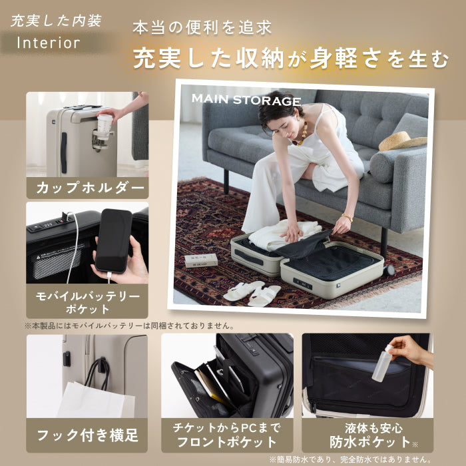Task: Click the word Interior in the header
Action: click(49, 43)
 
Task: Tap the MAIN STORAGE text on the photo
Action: click(246, 100)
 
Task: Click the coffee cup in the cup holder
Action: click(105, 126)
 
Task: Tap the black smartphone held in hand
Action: click(114, 241)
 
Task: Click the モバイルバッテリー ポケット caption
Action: click(87, 302)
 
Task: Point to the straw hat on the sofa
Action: click(402, 141)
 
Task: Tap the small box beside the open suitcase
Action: click(201, 260)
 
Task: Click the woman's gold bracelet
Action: click(347, 217)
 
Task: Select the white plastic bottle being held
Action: click(382, 363)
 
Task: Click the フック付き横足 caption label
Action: click(87, 435)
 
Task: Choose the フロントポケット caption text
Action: click(227, 442)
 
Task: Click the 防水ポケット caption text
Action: click(369, 442)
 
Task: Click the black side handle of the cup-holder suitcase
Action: click(64, 152)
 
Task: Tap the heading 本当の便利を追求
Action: click(202, 28)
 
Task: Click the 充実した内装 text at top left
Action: click(56, 21)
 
